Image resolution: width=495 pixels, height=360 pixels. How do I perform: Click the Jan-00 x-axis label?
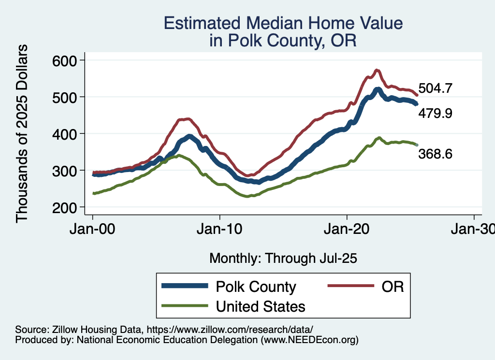[x=92, y=229]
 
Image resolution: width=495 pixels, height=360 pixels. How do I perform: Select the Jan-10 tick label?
[x=219, y=229]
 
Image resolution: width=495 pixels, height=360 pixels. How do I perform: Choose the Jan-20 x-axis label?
[x=347, y=229]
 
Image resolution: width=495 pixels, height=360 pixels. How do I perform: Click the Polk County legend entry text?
[x=256, y=287]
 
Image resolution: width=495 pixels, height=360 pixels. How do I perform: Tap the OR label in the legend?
[x=392, y=287]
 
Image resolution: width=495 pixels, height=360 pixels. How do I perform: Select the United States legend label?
[x=261, y=306]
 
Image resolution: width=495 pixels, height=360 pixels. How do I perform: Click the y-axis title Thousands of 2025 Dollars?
[x=22, y=134]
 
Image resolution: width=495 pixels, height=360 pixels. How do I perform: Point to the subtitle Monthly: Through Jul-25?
[x=283, y=259]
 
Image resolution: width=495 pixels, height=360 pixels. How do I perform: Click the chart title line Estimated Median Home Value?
[x=283, y=23]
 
